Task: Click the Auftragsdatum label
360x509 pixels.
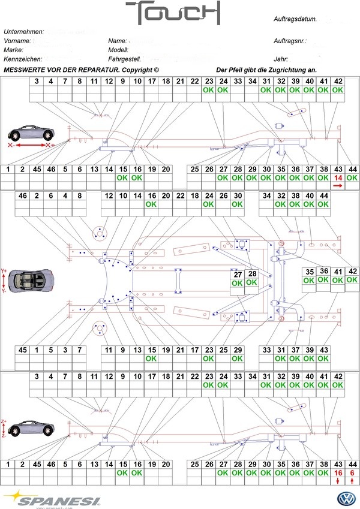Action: (x=295, y=20)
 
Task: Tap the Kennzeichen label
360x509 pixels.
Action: (x=22, y=60)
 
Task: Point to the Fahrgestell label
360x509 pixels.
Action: (x=125, y=60)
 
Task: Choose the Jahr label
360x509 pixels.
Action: (x=280, y=60)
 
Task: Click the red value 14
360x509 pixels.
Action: (x=338, y=178)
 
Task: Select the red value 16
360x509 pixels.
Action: (x=338, y=473)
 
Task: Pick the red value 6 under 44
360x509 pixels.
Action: (x=353, y=473)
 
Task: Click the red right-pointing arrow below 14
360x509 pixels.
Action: (x=338, y=186)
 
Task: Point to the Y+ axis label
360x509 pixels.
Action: (x=5, y=270)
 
